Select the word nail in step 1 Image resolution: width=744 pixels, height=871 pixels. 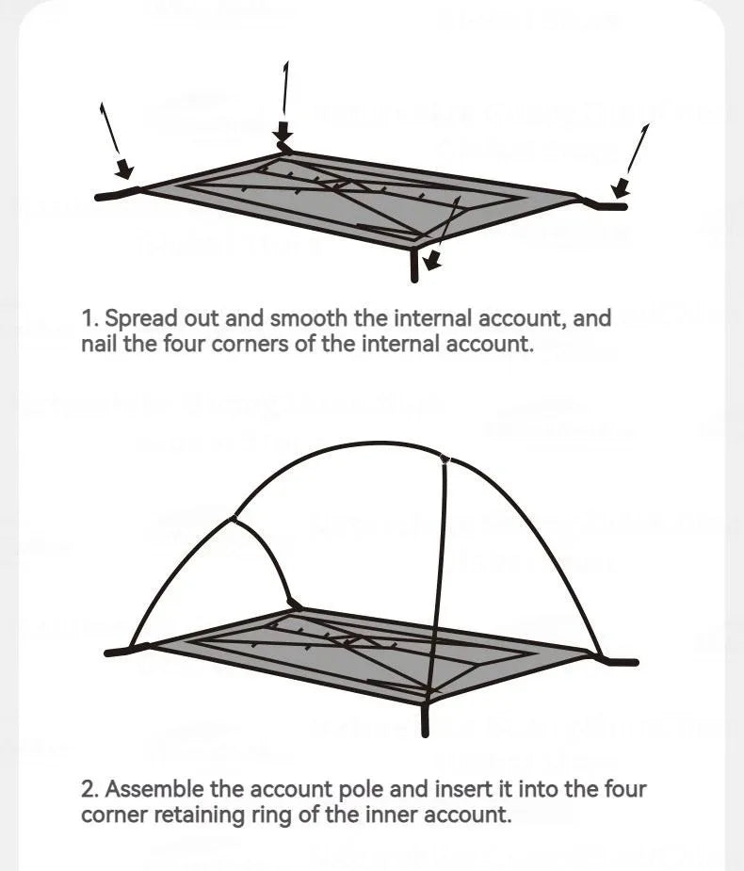99,343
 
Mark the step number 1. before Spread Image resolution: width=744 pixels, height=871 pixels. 89,319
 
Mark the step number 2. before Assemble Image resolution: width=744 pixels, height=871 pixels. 90,789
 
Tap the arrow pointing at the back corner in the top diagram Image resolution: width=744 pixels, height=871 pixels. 284,104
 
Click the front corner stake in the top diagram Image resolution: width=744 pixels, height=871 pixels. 413,264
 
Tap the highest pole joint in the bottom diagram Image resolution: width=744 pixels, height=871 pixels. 445,459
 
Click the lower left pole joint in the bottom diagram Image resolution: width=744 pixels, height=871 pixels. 232,517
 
